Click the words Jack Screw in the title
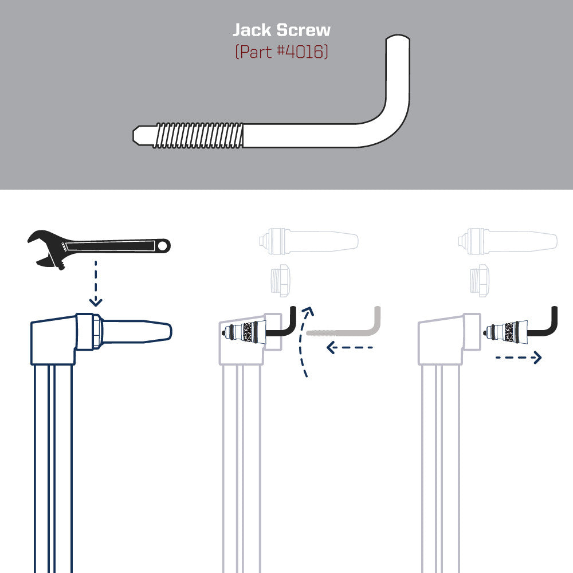pyautogui.click(x=281, y=30)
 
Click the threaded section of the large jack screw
pyautogui.click(x=198, y=135)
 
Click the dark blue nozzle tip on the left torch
pyautogui.click(x=138, y=331)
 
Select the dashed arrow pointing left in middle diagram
pyautogui.click(x=350, y=347)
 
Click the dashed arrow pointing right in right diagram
pyautogui.click(x=518, y=358)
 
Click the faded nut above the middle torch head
pyautogui.click(x=281, y=279)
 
